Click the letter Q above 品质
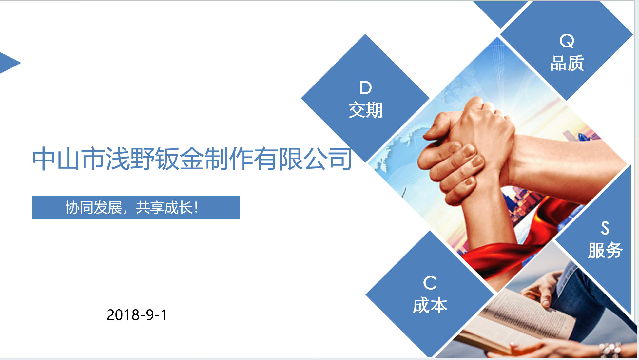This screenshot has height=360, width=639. (567, 41)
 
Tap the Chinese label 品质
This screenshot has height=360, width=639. (567, 63)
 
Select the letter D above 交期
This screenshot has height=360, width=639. (365, 87)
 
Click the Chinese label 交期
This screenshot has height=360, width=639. (365, 110)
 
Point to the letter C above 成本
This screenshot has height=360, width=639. (430, 283)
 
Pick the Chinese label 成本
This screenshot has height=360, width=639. (430, 305)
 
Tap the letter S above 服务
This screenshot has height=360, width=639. (605, 228)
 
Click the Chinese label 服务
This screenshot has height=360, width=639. (605, 250)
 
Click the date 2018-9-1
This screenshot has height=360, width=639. (137, 315)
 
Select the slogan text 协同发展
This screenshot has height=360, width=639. (93, 208)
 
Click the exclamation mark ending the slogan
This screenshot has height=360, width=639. (196, 208)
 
